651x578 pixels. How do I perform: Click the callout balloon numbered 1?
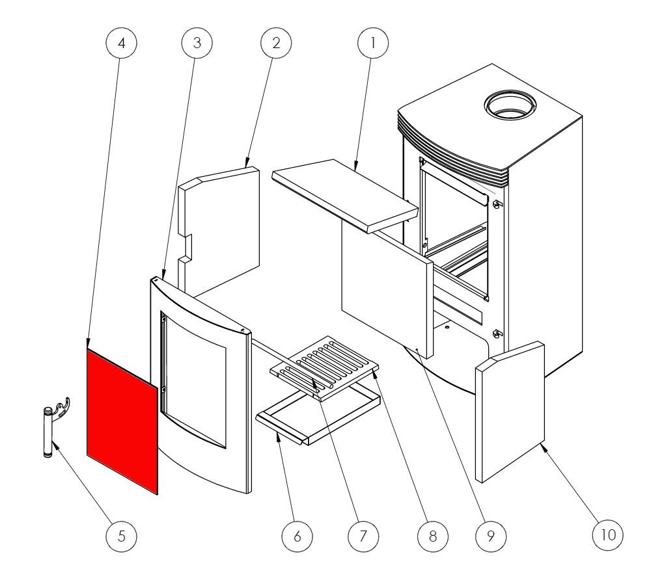(x=372, y=43)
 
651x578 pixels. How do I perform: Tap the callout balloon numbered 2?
(x=275, y=43)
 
